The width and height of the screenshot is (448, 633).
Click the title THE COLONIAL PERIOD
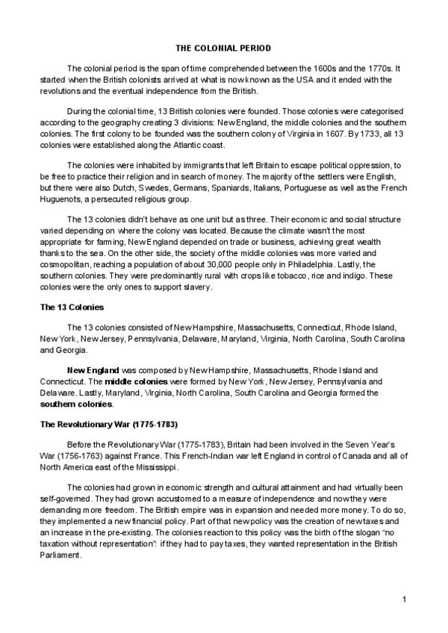pos(223,48)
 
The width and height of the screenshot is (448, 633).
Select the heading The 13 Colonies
pos(72,307)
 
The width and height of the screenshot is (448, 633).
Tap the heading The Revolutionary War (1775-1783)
pos(108,424)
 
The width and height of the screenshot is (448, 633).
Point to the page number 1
pos(404,600)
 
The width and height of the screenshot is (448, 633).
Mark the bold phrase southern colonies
pos(76,404)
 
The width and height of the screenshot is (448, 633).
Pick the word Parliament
pos(62,555)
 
